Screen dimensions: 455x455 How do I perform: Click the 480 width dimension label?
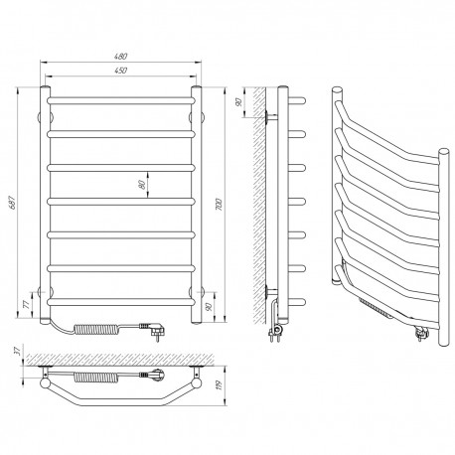coord(121,57)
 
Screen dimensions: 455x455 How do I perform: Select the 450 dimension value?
coord(121,71)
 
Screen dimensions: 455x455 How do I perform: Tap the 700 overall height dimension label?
coord(219,205)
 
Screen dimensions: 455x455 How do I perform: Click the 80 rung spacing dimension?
coord(143,185)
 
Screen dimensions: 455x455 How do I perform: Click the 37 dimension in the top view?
coord(18,350)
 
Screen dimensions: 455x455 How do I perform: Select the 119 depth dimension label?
coord(219,385)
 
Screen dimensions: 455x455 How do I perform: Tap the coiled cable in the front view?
coord(97,330)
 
